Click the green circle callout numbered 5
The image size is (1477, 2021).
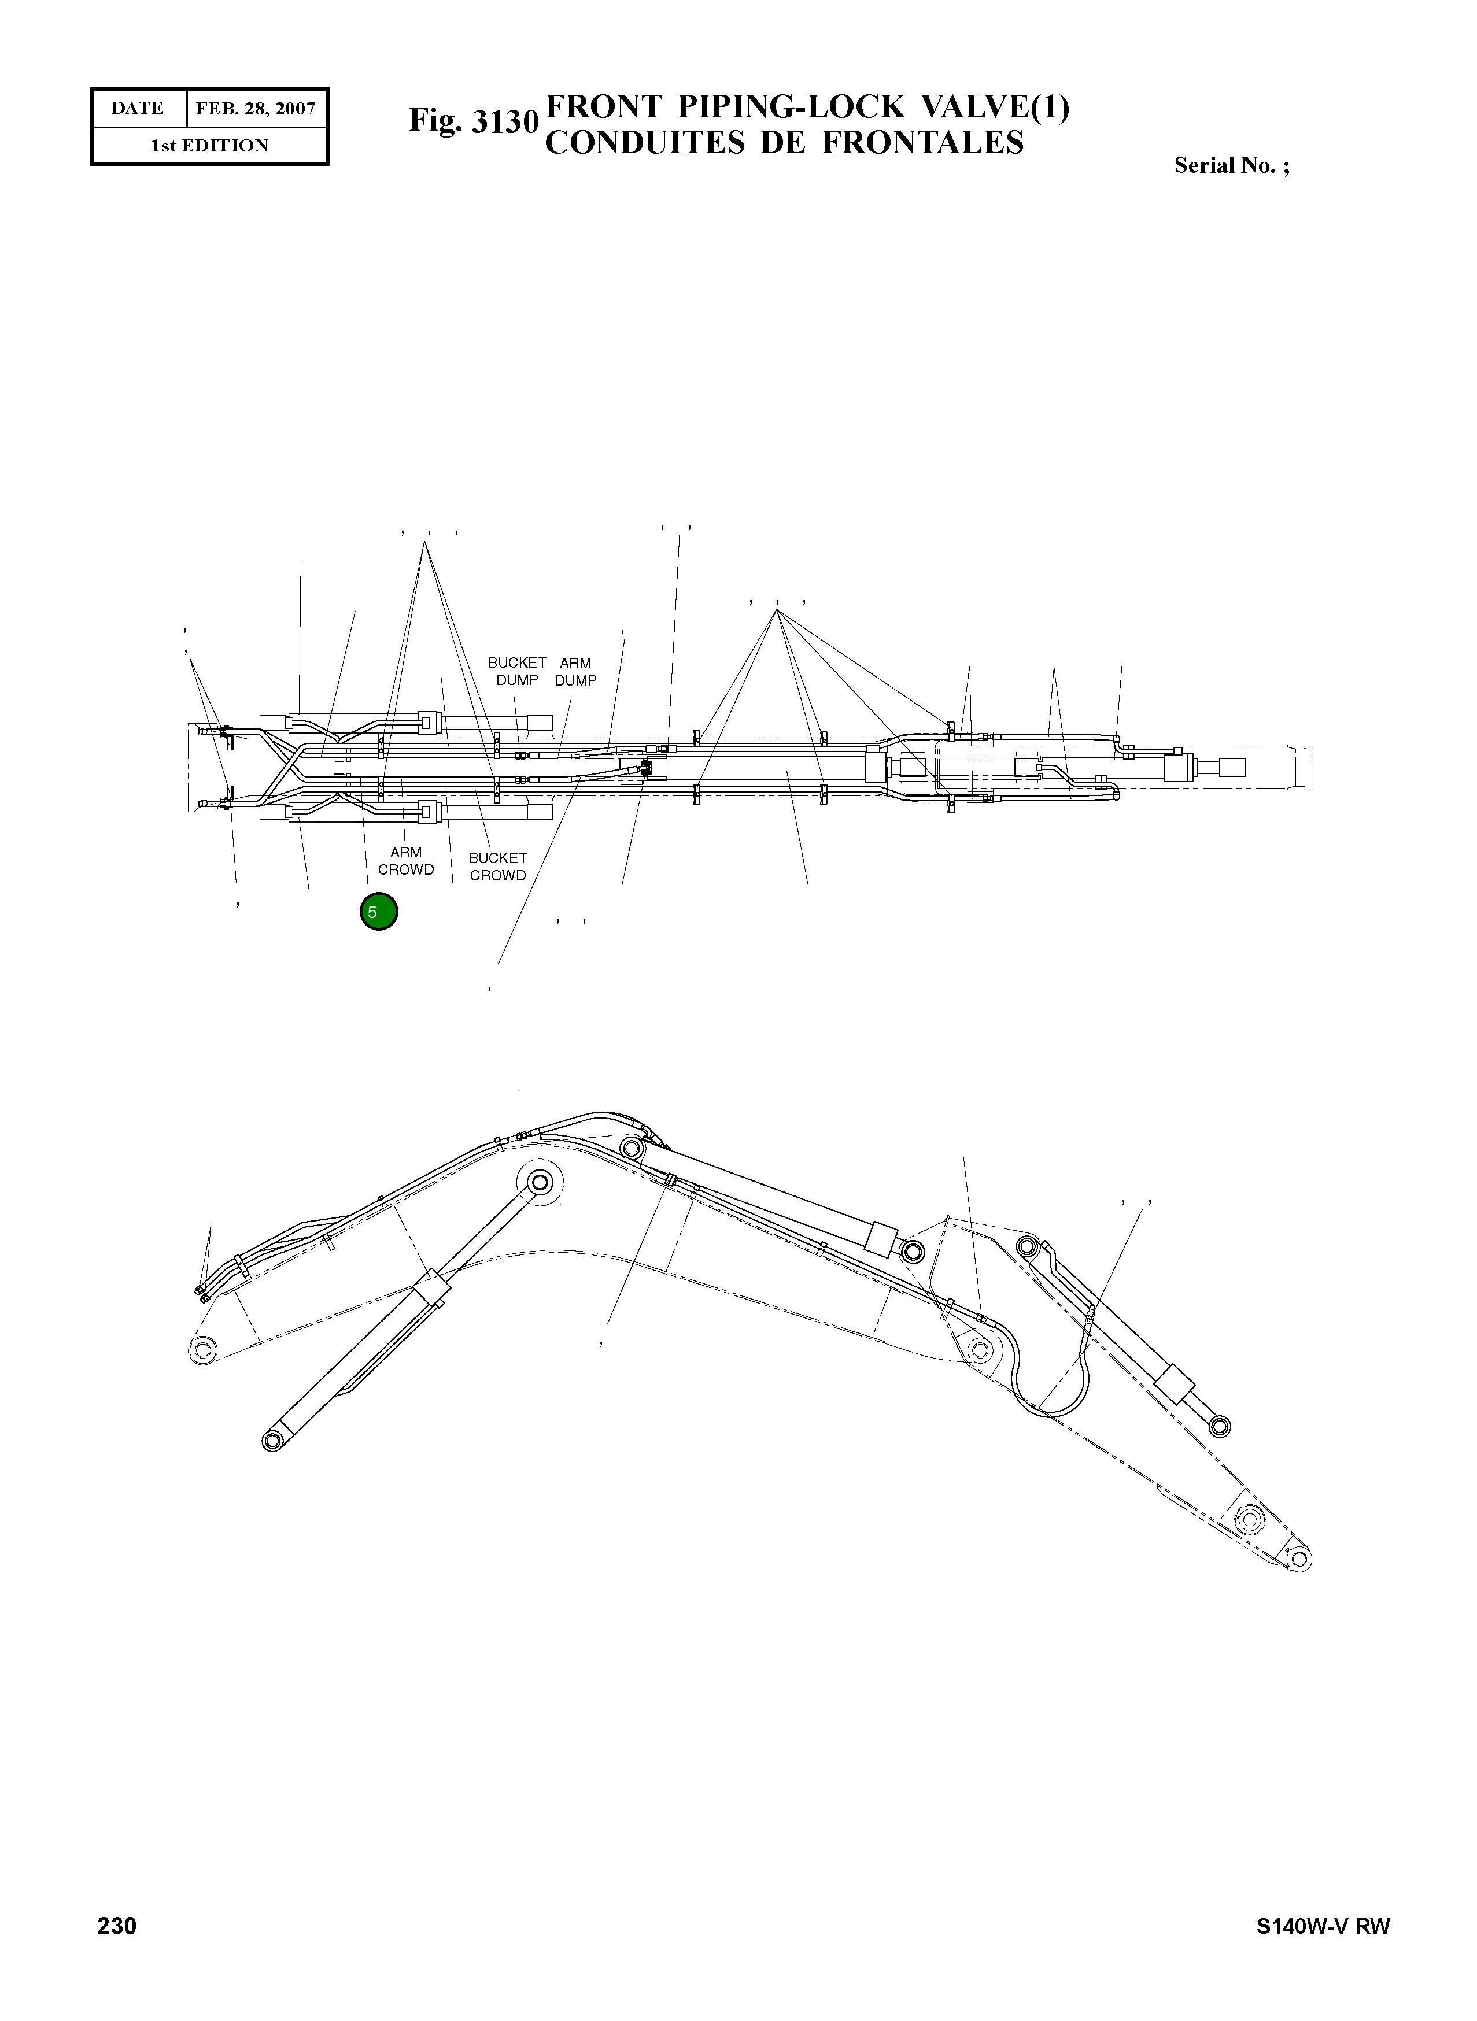point(378,912)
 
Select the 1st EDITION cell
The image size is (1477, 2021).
point(209,146)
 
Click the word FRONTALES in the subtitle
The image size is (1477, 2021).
point(922,143)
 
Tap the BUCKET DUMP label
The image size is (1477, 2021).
point(517,671)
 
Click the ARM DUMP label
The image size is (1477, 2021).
point(575,671)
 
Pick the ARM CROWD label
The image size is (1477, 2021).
point(406,861)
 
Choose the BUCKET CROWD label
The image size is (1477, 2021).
point(498,866)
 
